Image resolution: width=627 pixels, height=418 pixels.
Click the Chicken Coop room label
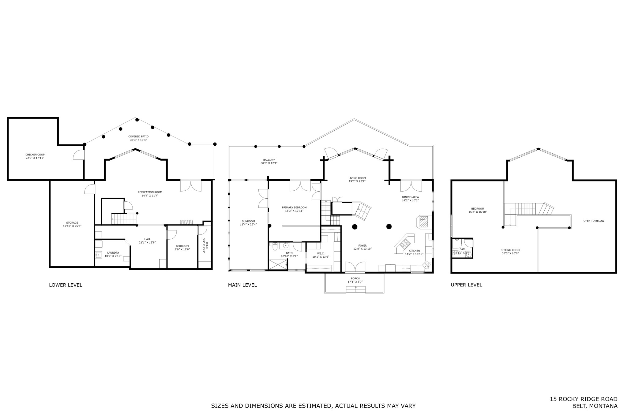(35, 155)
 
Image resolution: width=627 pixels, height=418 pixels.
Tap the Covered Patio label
(138, 136)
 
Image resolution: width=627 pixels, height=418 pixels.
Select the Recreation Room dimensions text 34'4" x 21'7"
(150, 196)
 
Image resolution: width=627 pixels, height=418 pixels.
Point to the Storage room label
(72, 223)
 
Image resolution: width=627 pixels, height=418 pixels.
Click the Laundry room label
(113, 253)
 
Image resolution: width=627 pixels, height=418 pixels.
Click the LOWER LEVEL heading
(66, 285)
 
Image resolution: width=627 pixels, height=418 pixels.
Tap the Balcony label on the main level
(269, 160)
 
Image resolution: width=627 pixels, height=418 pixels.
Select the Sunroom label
(248, 221)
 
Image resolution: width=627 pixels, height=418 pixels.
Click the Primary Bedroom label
(294, 207)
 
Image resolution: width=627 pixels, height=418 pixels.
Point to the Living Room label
(357, 178)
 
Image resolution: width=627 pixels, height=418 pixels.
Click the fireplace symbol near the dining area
(424, 222)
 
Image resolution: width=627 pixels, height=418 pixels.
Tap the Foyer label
(362, 246)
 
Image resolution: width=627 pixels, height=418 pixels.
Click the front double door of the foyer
(355, 267)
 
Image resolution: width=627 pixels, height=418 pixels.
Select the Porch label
(355, 278)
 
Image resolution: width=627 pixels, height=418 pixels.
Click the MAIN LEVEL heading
(242, 285)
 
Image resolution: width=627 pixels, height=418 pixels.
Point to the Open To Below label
(594, 221)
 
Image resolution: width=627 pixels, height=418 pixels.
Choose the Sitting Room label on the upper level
(510, 250)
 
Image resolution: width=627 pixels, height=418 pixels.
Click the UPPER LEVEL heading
(466, 285)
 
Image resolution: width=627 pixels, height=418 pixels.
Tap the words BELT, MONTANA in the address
(595, 406)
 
